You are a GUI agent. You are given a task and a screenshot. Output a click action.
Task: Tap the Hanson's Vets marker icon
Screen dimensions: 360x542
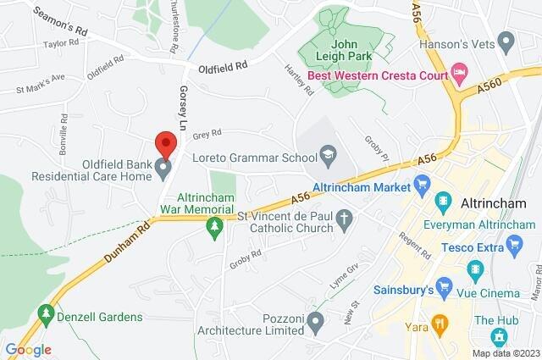pyautogui.click(x=507, y=39)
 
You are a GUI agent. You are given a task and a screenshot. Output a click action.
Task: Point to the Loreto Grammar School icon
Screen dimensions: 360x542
pyautogui.click(x=327, y=155)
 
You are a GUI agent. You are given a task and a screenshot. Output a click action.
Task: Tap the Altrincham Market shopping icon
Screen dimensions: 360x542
pyautogui.click(x=422, y=183)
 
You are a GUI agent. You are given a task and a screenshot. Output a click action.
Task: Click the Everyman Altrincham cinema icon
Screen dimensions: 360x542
pyautogui.click(x=441, y=202)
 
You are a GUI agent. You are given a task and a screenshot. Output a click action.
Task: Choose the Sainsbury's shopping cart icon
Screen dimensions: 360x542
pyautogui.click(x=441, y=283)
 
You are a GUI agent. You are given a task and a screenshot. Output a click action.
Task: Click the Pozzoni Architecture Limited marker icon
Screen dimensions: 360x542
pyautogui.click(x=316, y=320)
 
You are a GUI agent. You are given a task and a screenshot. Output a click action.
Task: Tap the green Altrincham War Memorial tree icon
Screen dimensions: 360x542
pyautogui.click(x=214, y=226)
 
